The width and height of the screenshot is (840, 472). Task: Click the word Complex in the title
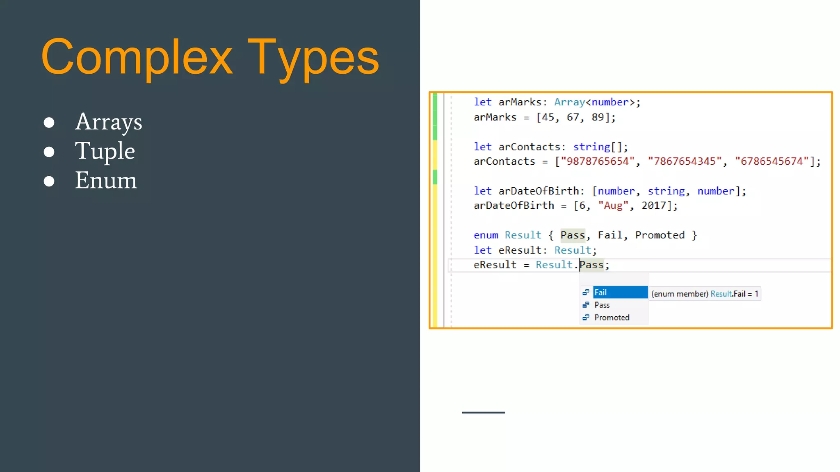click(x=137, y=57)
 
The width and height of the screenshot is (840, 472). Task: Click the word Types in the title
click(x=313, y=57)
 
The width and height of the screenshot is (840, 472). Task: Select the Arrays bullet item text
click(x=108, y=122)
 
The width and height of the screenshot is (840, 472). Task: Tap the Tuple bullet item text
click(x=105, y=151)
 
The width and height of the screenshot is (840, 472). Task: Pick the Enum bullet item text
click(x=106, y=180)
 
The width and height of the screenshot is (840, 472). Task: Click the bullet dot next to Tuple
click(x=49, y=152)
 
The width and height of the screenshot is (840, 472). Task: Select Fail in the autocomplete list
click(x=600, y=293)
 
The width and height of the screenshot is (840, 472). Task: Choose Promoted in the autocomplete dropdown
click(x=612, y=318)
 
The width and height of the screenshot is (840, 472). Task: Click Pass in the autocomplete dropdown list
click(x=602, y=305)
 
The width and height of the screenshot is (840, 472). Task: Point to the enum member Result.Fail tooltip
click(x=705, y=294)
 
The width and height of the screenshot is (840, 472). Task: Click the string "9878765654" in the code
click(x=598, y=161)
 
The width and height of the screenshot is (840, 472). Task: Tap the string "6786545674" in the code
click(x=772, y=161)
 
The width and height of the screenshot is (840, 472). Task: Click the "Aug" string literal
click(x=613, y=206)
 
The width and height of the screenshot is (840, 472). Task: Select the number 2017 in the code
click(x=654, y=206)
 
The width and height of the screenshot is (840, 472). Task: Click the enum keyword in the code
click(x=486, y=235)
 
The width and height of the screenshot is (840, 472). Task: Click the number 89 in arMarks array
click(x=598, y=117)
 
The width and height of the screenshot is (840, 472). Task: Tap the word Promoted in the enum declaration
click(x=660, y=235)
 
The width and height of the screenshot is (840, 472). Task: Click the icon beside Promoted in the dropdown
click(x=586, y=318)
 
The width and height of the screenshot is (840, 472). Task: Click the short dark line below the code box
click(x=483, y=413)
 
